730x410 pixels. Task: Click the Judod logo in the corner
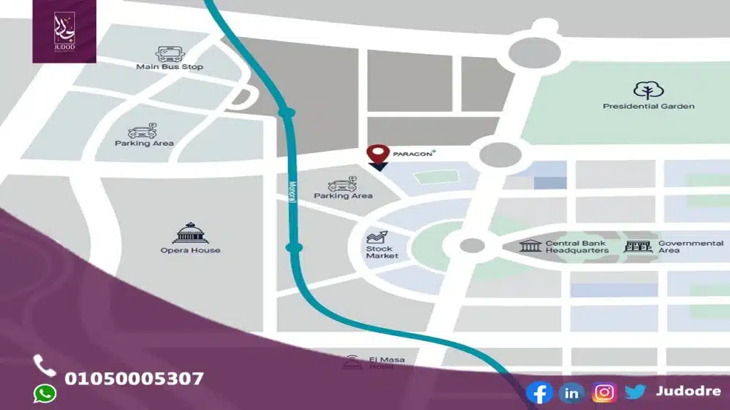point(64,31)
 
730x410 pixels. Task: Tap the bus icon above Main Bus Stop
point(169,53)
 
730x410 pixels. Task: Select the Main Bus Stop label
point(170,67)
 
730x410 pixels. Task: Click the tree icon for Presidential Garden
point(649,90)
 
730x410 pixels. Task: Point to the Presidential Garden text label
point(649,107)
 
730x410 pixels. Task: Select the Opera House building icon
point(190,233)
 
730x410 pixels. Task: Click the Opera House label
point(190,251)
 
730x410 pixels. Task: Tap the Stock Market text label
point(382,251)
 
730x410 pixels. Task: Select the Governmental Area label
point(690,246)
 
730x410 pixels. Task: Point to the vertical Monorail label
point(292,191)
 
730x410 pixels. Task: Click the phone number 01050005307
point(134,379)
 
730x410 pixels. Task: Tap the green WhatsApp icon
point(45,393)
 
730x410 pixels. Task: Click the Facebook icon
point(539,392)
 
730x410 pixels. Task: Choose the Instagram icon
point(604,392)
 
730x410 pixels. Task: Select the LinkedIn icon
point(571,392)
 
